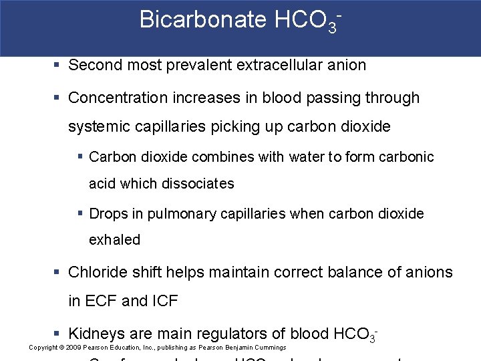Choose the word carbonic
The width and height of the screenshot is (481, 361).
coord(406,157)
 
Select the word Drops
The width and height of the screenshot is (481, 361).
coord(108,214)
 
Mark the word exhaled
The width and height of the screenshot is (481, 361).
coord(114,240)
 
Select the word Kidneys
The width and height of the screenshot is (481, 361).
coord(97,333)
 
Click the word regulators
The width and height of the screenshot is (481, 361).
coord(247,333)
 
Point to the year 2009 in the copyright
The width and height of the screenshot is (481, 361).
coord(74,348)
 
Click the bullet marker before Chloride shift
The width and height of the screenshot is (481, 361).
coord(58,272)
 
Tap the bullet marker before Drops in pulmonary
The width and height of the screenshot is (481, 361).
coord(79,214)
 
